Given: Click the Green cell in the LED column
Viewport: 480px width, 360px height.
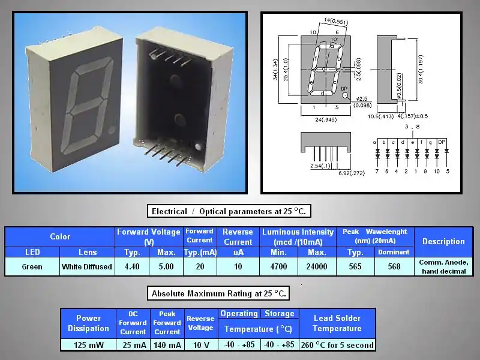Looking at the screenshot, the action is click(x=32, y=266).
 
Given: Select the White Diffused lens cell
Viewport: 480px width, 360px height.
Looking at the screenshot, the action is click(x=87, y=266).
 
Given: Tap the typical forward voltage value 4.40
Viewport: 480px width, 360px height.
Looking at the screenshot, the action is click(x=132, y=266).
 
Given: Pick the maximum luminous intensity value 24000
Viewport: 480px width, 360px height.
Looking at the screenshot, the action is click(x=317, y=266).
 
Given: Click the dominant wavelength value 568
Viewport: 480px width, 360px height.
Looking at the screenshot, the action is click(x=394, y=266).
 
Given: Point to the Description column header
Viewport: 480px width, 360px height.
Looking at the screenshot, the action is click(x=443, y=242).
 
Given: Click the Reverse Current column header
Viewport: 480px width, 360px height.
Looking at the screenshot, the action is click(x=238, y=237).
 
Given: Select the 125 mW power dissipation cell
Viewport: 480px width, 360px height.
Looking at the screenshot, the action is click(x=88, y=345).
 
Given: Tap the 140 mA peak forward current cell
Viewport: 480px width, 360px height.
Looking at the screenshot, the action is click(x=167, y=345).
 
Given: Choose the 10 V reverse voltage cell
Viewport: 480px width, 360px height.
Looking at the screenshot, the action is click(x=201, y=345).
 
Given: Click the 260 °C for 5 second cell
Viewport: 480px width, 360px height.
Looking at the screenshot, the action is click(x=337, y=345).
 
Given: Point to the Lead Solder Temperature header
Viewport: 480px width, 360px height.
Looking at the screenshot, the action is click(x=337, y=323).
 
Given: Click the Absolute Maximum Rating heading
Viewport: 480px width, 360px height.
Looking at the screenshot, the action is click(x=218, y=293).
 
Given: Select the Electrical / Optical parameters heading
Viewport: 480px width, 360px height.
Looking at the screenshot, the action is click(x=229, y=211).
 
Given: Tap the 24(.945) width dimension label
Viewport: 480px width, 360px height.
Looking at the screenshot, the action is click(x=326, y=119).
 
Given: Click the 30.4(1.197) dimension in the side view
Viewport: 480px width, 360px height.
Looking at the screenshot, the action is click(x=421, y=70).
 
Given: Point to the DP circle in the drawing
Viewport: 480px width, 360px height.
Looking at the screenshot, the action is click(x=345, y=95).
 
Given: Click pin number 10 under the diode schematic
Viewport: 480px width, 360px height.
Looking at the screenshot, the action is click(x=437, y=172).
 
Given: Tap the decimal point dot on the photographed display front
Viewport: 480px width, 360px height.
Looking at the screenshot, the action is click(x=112, y=130).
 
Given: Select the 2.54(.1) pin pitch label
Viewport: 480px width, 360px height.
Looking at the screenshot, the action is click(x=320, y=166).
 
